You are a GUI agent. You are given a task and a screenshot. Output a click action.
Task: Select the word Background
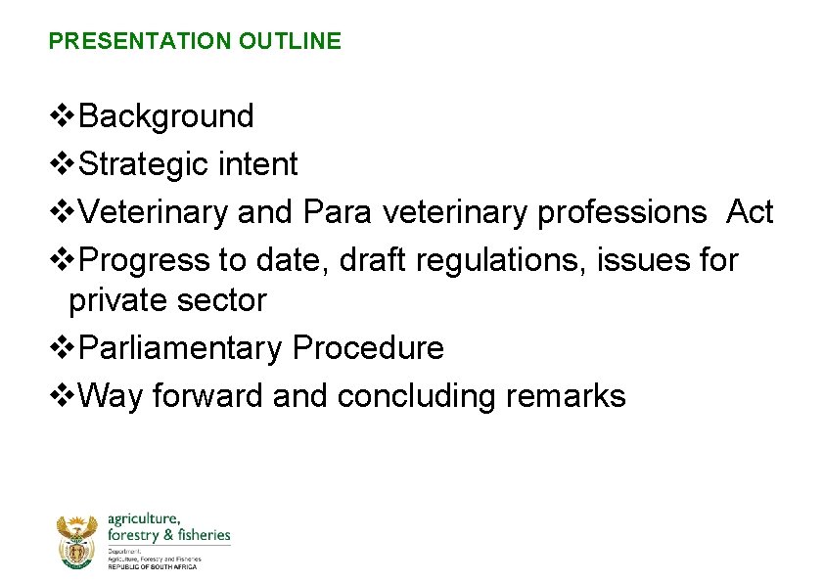coord(165,116)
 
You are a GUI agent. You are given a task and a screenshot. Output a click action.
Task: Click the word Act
coord(749,212)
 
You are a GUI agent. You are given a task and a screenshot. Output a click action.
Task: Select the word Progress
coord(144,260)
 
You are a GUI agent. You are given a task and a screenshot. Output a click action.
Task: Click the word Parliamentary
coord(180,348)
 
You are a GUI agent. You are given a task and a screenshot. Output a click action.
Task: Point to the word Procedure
coord(368,348)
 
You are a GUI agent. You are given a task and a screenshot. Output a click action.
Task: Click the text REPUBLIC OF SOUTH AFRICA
coord(152,567)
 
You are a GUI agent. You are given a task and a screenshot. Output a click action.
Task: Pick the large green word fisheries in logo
coord(201,535)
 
